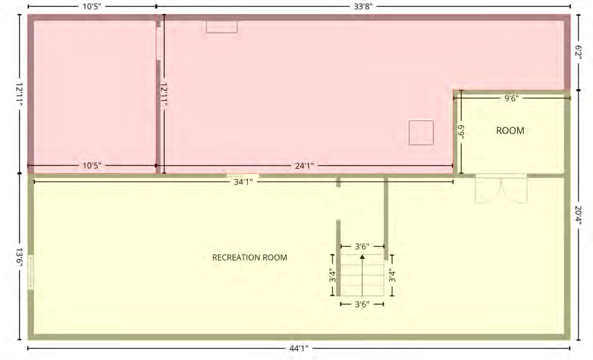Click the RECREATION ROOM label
pyautogui.click(x=250, y=258)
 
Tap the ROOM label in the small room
pyautogui.click(x=510, y=131)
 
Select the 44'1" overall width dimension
pyautogui.click(x=298, y=348)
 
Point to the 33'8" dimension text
pyautogui.click(x=363, y=6)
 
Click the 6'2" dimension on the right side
pyautogui.click(x=578, y=53)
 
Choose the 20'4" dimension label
pyautogui.click(x=578, y=215)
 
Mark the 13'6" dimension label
pyautogui.click(x=19, y=257)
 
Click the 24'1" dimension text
pyautogui.click(x=305, y=166)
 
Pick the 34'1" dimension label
pyautogui.click(x=243, y=182)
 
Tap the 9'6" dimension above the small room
pyautogui.click(x=512, y=98)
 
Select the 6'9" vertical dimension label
pyautogui.click(x=461, y=132)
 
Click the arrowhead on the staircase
pyautogui.click(x=362, y=257)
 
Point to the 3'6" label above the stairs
pyautogui.click(x=362, y=247)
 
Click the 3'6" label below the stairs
pyautogui.click(x=362, y=304)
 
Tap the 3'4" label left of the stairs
pyautogui.click(x=332, y=276)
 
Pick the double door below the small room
pyautogui.click(x=501, y=189)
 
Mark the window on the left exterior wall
pyautogui.click(x=31, y=272)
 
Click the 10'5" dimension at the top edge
pyautogui.click(x=92, y=6)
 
